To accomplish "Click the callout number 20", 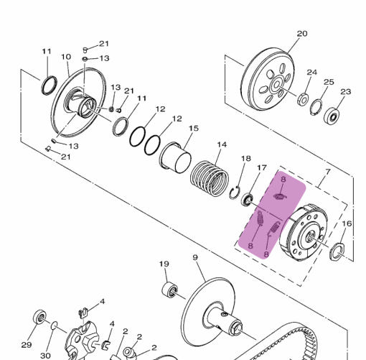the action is (302, 34).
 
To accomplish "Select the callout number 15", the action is (194, 129).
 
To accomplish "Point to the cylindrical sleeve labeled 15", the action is (175, 157).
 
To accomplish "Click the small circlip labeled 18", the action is (234, 193).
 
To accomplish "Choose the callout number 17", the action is (261, 167).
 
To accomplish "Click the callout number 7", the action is (327, 172).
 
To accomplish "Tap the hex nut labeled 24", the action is (303, 99).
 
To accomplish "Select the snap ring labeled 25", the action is (316, 107).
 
